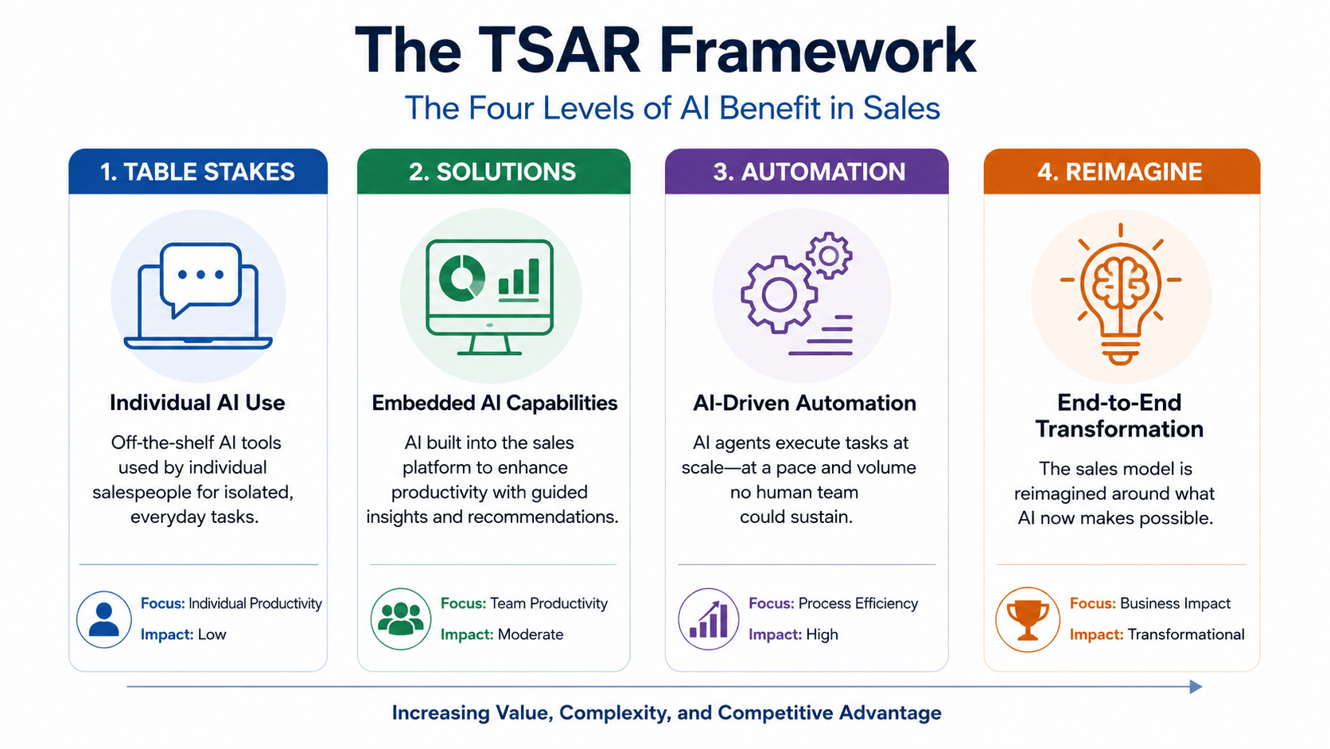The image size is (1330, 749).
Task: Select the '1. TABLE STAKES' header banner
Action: click(198, 171)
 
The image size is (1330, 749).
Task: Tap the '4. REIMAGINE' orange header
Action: click(1122, 171)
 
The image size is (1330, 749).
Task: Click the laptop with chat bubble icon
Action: click(198, 295)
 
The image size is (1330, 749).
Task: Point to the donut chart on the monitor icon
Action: click(461, 277)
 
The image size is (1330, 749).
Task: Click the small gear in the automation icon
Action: click(829, 256)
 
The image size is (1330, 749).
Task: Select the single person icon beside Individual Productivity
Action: click(104, 619)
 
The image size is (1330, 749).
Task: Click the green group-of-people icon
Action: click(401, 619)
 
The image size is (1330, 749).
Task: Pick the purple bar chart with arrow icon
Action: click(708, 619)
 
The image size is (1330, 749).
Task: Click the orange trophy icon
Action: click(1027, 619)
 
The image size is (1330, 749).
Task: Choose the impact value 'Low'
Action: click(212, 634)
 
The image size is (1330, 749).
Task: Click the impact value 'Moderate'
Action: click(531, 634)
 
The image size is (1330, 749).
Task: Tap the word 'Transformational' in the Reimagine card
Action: click(1186, 634)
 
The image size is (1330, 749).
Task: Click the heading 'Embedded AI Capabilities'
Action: click(494, 403)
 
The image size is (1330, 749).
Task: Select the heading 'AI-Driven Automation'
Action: click(804, 403)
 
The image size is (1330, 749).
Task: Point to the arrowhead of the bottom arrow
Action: click(1196, 687)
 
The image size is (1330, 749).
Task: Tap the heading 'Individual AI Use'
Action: click(197, 403)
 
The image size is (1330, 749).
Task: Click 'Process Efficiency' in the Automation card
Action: click(858, 603)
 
